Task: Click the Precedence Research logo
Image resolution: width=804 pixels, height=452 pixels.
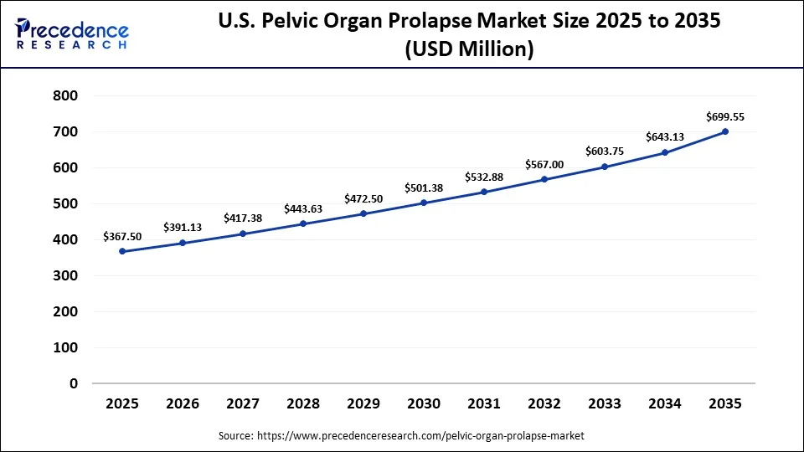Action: tap(72, 34)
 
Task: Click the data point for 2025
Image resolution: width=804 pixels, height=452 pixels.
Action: tap(122, 251)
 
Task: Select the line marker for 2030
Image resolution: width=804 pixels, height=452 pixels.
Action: tap(424, 203)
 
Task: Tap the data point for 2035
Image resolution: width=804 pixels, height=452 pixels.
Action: tap(725, 131)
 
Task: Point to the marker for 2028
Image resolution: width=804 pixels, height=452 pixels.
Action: tap(303, 223)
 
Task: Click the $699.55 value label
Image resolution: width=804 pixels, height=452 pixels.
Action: tap(725, 116)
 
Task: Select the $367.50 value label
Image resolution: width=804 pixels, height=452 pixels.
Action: tap(122, 237)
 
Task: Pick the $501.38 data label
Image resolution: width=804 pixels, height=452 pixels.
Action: tap(424, 188)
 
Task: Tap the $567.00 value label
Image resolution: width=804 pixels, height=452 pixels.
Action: tap(544, 164)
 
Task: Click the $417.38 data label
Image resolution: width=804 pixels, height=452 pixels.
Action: tap(243, 218)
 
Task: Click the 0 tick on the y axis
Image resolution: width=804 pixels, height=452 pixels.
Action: tap(74, 383)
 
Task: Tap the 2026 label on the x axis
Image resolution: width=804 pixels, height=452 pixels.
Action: tap(183, 403)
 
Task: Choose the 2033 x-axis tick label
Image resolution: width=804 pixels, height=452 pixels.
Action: tap(605, 403)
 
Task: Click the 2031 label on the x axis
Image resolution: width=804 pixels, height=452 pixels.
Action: tap(484, 403)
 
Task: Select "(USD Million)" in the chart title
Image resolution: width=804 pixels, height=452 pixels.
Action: tap(469, 49)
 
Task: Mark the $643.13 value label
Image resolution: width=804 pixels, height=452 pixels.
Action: tap(665, 137)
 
